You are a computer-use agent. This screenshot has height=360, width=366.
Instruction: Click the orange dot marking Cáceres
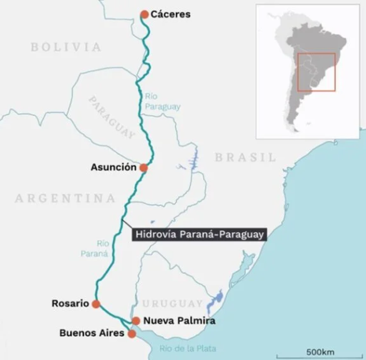click(144, 15)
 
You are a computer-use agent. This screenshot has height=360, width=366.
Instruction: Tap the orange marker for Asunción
click(143, 168)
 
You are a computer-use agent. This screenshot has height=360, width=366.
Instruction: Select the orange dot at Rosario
click(96, 303)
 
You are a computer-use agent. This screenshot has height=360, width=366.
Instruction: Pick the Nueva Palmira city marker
click(136, 320)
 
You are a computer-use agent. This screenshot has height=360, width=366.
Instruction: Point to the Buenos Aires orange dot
click(132, 333)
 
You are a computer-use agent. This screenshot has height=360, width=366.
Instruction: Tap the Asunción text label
click(113, 168)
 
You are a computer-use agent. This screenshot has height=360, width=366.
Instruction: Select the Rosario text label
click(70, 303)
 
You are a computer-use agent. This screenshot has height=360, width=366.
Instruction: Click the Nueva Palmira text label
click(179, 320)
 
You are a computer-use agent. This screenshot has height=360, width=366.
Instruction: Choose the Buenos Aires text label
click(92, 333)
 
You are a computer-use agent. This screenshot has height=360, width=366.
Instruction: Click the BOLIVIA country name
click(66, 47)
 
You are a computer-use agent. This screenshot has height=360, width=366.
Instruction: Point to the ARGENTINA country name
click(65, 198)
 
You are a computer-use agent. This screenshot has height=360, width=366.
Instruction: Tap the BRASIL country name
click(246, 157)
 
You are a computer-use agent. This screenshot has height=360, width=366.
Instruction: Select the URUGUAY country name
click(172, 303)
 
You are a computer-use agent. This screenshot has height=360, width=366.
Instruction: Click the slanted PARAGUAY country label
click(112, 118)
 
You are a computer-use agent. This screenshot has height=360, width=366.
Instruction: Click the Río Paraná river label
click(95, 248)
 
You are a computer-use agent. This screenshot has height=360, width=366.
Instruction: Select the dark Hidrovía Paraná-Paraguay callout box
click(199, 234)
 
